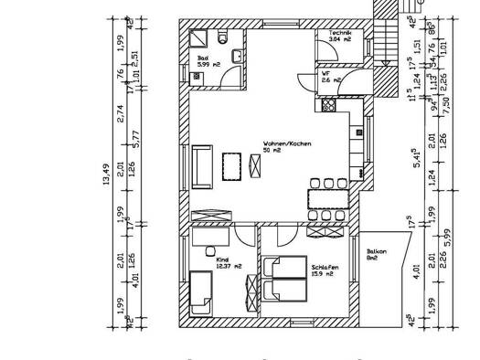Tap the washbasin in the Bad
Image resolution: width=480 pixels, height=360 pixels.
click(238, 57)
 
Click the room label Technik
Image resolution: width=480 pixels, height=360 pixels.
click(340, 33)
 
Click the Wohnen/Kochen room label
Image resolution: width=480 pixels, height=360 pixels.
click(279, 145)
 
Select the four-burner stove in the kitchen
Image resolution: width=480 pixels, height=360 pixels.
click(326, 106)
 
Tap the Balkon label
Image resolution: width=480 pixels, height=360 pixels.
click(376, 255)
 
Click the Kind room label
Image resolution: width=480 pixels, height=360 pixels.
click(219, 262)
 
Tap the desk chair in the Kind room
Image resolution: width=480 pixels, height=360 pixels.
click(211, 249)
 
